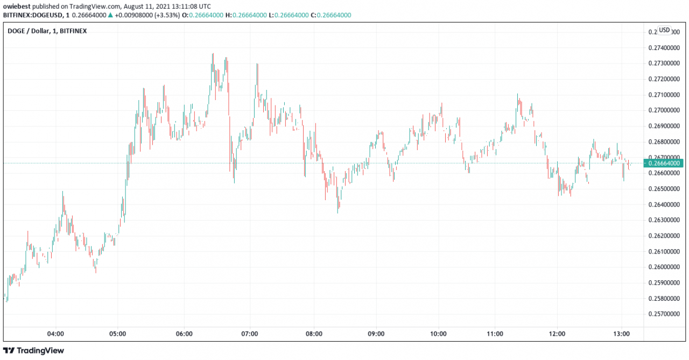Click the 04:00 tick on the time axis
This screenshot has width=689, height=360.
click(x=56, y=334)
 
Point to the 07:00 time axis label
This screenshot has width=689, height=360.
click(x=249, y=334)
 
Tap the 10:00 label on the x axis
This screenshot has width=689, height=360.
click(x=439, y=334)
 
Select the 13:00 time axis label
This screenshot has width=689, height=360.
click(x=622, y=334)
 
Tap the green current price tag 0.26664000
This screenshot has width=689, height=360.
click(x=665, y=163)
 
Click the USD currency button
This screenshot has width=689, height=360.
click(x=665, y=30)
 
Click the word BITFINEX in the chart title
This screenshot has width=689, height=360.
click(x=73, y=31)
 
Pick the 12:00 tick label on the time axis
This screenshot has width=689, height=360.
click(x=557, y=334)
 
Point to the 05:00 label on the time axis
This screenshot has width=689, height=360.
click(x=118, y=334)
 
